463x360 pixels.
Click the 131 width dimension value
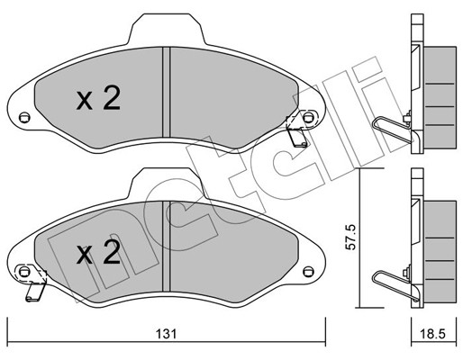point(166,334)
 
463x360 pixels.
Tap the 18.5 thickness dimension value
point(433,334)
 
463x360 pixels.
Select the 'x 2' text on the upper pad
point(98,98)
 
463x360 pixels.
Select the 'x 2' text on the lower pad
point(98,253)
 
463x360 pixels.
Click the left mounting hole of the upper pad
point(24,117)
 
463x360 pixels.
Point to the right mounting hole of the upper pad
point(308,117)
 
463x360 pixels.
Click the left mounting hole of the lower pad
point(24,272)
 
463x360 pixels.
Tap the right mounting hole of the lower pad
point(308,272)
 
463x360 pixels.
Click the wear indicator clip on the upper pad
point(296,131)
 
